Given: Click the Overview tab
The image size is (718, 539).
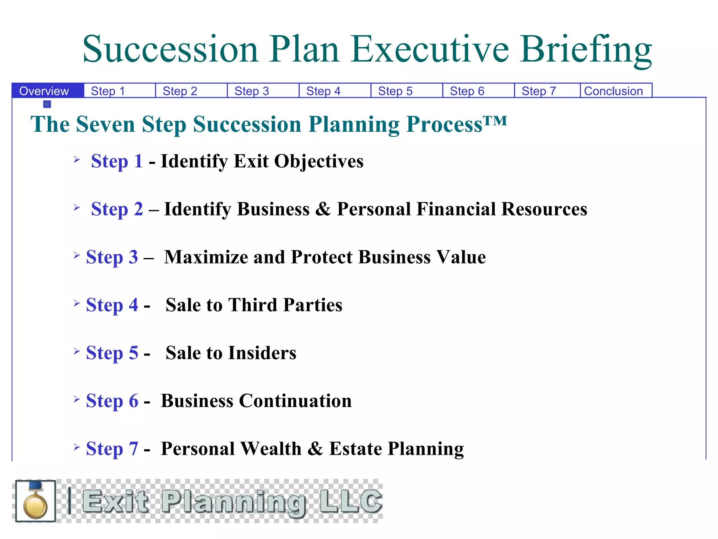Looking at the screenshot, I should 44,91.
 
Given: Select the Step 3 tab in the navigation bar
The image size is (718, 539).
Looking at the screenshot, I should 252,91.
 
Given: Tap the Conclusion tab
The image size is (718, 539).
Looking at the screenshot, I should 614,91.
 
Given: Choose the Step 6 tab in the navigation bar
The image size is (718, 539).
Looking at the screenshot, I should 467,91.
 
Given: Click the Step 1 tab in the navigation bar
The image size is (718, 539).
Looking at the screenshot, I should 108,91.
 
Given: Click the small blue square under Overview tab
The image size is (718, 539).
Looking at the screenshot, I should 47,104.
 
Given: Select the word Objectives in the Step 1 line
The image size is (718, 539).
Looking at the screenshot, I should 319,161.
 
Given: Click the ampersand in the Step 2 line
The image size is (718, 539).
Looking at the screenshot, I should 323,209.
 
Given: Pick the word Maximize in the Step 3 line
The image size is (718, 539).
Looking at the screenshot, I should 207,257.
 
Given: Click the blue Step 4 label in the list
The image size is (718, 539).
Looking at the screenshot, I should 112,305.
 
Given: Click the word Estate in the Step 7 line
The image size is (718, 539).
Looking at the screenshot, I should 355,448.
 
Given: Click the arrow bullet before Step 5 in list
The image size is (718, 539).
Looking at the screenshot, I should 77,351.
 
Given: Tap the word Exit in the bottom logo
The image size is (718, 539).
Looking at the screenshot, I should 115,501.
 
